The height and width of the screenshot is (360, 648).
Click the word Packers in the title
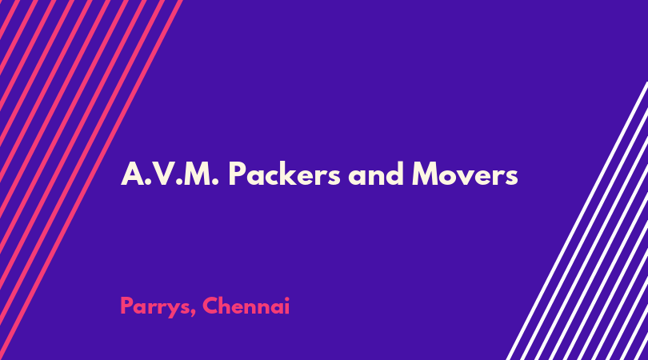(x=284, y=174)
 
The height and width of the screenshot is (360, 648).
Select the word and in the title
(x=376, y=174)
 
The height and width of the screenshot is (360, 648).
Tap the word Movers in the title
(x=465, y=174)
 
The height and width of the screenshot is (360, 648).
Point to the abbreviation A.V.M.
(x=170, y=174)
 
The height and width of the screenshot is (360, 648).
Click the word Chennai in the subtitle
(x=246, y=306)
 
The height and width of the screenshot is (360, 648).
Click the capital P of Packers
(x=237, y=174)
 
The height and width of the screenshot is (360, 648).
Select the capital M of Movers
(x=426, y=174)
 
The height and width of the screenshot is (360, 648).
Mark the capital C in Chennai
(x=210, y=306)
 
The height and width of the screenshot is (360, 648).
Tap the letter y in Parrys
(x=173, y=310)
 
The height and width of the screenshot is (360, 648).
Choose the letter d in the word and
(x=394, y=173)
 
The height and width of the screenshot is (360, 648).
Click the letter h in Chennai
(x=229, y=306)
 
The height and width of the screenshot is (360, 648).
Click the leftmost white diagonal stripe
(x=577, y=221)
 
